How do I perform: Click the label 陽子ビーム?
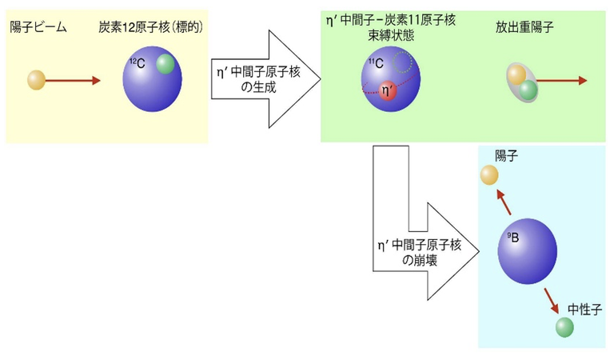point(38,27)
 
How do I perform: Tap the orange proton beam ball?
point(36,80)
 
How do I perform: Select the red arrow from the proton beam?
point(73,81)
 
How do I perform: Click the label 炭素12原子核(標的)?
point(151,27)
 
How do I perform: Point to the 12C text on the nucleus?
point(138,62)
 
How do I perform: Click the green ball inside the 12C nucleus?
point(165,64)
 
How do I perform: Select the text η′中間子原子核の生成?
point(258,79)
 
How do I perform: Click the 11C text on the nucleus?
point(376,62)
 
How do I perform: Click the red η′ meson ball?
point(387,91)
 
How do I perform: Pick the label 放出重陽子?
point(524,27)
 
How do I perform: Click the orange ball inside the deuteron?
point(516,75)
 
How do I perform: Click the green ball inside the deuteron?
point(528,90)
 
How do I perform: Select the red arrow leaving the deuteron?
point(561,81)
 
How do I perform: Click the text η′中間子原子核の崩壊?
point(420,252)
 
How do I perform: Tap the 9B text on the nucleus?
point(513,237)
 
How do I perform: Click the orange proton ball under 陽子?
point(489,174)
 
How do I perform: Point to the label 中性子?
point(584,310)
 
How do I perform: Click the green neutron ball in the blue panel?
point(564,327)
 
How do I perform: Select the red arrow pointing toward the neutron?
point(551,301)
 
